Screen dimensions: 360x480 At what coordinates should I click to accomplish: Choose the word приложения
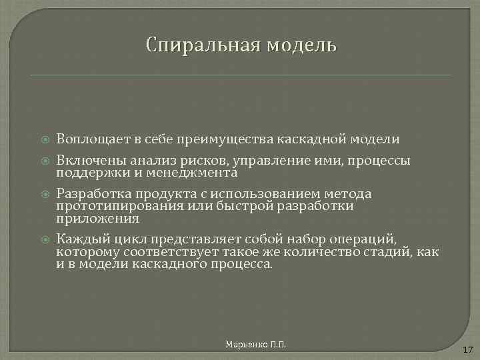point(98,218)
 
